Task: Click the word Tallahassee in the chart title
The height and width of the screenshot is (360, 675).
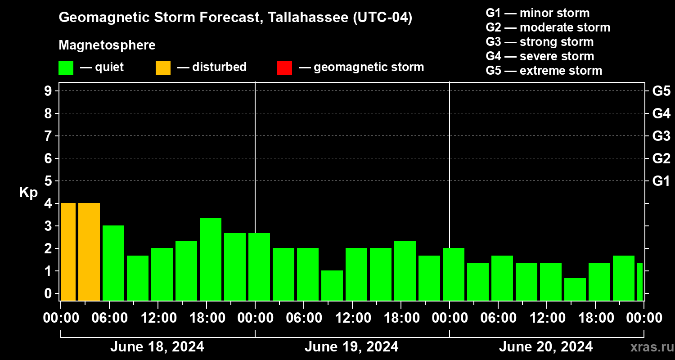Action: coord(303,18)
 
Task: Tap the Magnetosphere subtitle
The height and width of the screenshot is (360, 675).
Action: coord(107,45)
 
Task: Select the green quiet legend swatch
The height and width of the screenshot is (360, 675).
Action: coord(66,68)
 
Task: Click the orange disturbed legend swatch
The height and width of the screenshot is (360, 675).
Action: coord(163,68)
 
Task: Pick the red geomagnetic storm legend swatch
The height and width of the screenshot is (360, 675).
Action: coord(284,68)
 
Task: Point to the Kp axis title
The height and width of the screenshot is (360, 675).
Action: coord(28,193)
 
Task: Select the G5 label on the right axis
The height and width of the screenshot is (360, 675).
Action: coord(661,91)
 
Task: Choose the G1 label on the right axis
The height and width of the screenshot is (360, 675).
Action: coord(661,181)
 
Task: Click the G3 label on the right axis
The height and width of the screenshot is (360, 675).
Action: coord(661,136)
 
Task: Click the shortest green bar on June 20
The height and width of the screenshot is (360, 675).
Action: coord(575,289)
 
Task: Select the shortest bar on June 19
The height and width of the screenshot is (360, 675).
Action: coord(332,285)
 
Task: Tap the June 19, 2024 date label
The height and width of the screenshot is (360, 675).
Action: coord(351,347)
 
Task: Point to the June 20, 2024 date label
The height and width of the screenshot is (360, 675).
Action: coord(546,347)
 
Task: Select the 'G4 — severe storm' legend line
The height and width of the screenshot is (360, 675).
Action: coord(540,56)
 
